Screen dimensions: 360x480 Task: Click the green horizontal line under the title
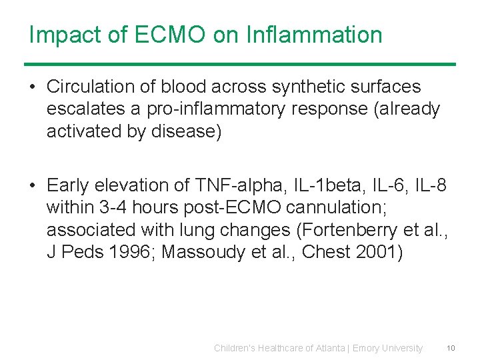click(240, 64)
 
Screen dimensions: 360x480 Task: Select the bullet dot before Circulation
click(33, 87)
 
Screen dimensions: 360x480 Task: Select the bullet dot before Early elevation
click(33, 185)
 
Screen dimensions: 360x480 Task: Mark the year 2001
click(380, 253)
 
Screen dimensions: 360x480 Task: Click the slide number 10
click(451, 348)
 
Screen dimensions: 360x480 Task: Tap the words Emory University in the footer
click(387, 348)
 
